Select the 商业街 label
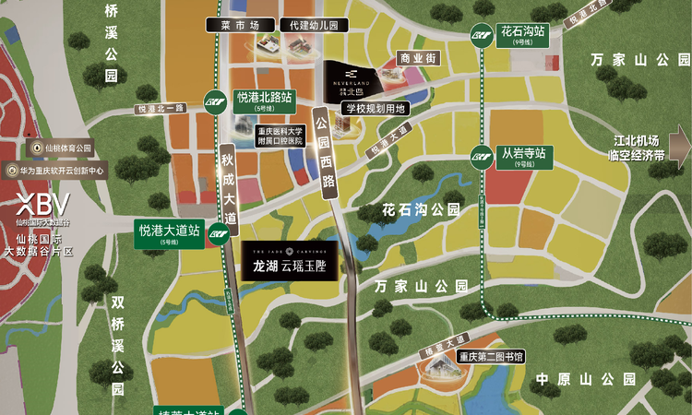pos(416,58)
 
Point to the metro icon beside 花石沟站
pos(481,34)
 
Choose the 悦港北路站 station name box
pos(264,99)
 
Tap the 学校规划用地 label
pos(373,108)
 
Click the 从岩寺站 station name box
pos(523,154)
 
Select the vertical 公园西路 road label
pos(322,153)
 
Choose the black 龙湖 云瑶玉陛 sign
pos(290,259)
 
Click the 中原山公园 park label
pos(586,379)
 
